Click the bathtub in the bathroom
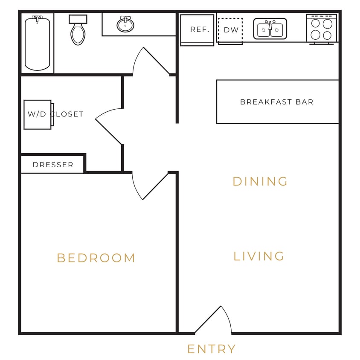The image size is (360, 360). coord(37,44)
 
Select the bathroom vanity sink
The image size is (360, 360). coord(125,25)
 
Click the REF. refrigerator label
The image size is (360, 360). coord(200,30)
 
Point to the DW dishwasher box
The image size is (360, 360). coord(231,30)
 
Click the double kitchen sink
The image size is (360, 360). coord(270,29)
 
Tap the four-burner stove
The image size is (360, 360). coord(322,29)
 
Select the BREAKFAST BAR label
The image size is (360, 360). coord(277,102)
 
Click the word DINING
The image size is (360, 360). coord(260,181)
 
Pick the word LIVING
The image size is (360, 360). coord(259,256)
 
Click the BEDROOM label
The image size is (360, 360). coord(96,258)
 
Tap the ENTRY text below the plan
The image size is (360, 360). coord(212,349)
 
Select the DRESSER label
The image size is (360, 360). coord(53,165)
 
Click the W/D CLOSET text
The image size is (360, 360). coord(55,114)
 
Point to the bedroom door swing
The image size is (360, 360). coord(148,186)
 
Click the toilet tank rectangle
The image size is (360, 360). coord(78,19)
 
